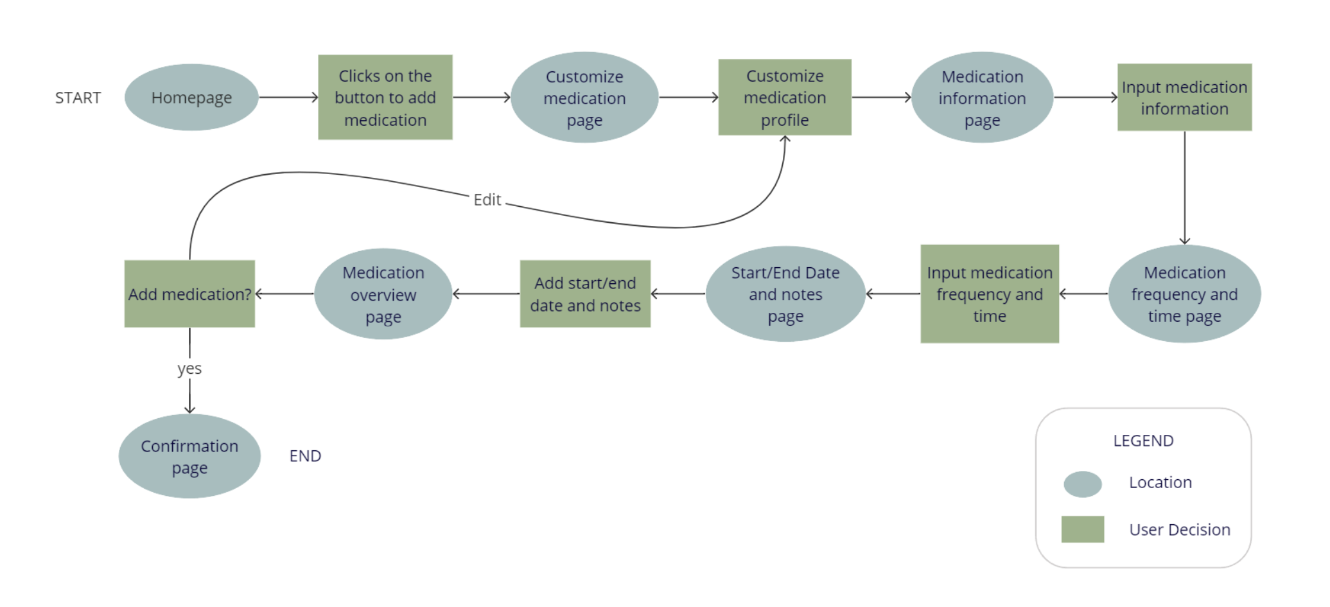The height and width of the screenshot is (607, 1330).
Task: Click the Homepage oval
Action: pos(191,98)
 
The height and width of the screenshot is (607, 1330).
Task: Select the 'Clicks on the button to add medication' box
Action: pos(385,98)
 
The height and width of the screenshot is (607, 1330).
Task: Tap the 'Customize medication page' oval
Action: pos(584,98)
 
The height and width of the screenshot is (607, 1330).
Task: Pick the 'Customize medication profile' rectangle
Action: pos(785,98)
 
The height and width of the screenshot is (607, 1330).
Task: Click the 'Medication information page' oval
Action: pos(982,98)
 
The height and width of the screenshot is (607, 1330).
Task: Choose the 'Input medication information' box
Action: pos(1184,98)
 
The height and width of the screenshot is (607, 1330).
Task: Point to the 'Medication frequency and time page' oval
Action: pos(1184,294)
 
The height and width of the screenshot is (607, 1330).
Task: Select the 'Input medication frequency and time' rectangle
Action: pos(989,294)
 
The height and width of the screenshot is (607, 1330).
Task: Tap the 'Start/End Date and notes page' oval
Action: pos(785,294)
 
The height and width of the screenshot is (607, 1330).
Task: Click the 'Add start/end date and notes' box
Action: pos(585,294)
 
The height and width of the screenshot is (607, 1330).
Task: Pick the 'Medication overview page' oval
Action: pos(383,294)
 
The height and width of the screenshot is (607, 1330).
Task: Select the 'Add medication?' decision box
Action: pos(189,294)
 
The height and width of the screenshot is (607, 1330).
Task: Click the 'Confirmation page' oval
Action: pos(189,457)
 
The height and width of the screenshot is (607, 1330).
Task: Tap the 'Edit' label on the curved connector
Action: pos(487,200)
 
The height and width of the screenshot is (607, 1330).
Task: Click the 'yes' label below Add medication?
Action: pos(189,369)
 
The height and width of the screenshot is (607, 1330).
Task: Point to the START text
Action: pos(78,98)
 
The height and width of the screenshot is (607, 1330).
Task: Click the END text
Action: pos(305,456)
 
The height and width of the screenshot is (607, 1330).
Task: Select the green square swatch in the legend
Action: pos(1083,529)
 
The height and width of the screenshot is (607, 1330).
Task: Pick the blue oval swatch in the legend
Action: pos(1083,484)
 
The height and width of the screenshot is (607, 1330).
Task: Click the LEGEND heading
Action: pos(1143,441)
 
